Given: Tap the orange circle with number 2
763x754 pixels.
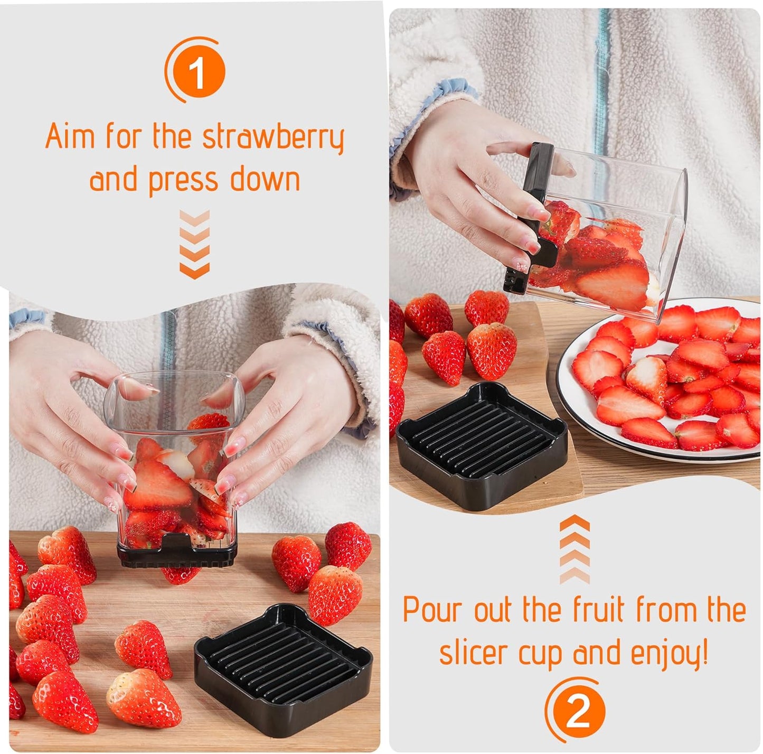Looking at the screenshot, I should (x=577, y=711).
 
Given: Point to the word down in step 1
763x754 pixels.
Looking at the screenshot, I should (x=265, y=179).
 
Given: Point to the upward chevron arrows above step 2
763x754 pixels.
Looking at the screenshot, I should (x=574, y=550).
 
